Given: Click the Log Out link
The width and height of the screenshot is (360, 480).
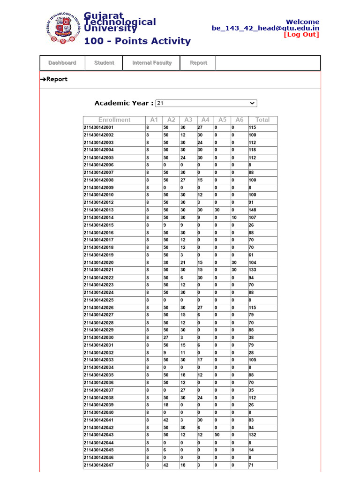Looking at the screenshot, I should pyautogui.click(x=301, y=35).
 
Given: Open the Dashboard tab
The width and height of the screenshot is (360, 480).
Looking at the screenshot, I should pyautogui.click(x=62, y=63).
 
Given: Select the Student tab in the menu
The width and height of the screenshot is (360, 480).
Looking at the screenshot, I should pyautogui.click(x=104, y=63).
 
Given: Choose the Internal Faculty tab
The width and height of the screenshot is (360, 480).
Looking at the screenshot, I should pyautogui.click(x=151, y=63).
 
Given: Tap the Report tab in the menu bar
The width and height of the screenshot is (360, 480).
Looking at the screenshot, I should pyautogui.click(x=198, y=63).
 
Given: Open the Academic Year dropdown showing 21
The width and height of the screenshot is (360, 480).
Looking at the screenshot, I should pyautogui.click(x=206, y=103).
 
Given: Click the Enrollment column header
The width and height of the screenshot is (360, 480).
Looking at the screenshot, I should pyautogui.click(x=114, y=120).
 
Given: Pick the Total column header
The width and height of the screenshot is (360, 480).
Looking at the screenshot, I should pyautogui.click(x=262, y=120).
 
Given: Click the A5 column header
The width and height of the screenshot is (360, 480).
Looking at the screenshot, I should pyautogui.click(x=222, y=120).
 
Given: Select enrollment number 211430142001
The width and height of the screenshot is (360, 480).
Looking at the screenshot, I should pyautogui.click(x=98, y=127).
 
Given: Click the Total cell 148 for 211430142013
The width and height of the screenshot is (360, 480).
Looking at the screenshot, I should pyautogui.click(x=253, y=210).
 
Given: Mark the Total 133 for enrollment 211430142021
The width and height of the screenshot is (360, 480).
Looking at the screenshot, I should pyautogui.click(x=253, y=270).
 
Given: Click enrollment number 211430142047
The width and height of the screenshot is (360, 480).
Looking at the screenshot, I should pyautogui.click(x=98, y=465).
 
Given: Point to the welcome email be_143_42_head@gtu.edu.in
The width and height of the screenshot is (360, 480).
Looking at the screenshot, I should pyautogui.click(x=265, y=28).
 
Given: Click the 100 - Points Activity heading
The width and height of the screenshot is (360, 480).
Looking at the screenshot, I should pyautogui.click(x=137, y=41).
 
